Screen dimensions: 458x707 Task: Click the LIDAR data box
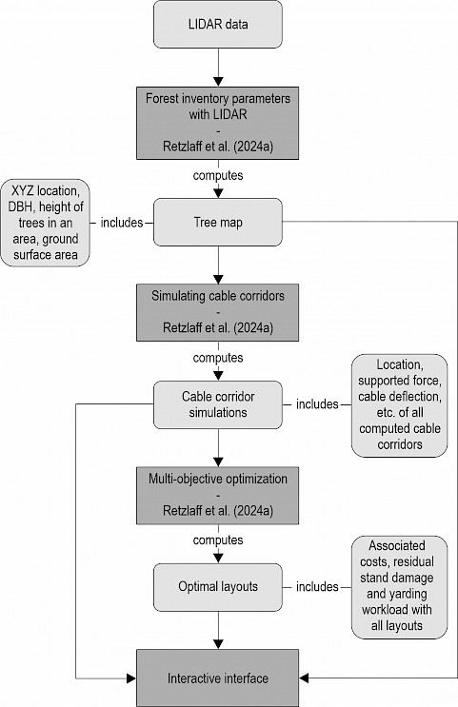tap(218, 25)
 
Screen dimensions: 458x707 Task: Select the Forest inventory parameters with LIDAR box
tap(217, 123)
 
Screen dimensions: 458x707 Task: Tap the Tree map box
tap(218, 223)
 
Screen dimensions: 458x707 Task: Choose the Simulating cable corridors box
tap(217, 312)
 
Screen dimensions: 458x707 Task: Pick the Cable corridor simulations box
tap(218, 405)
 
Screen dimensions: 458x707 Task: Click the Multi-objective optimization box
tap(217, 496)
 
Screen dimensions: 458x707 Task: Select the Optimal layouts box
tap(218, 587)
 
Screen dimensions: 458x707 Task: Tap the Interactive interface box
tap(217, 678)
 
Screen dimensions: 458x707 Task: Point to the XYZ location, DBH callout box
tap(45, 223)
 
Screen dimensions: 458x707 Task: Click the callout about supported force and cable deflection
tap(399, 405)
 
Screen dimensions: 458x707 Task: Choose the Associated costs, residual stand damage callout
tap(399, 587)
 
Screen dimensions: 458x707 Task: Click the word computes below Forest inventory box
tap(218, 175)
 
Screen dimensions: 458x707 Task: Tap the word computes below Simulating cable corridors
tap(218, 358)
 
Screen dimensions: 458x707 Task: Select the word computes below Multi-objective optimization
tap(218, 540)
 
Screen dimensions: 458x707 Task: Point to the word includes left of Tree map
tap(121, 223)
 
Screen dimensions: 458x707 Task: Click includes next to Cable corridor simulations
tap(317, 404)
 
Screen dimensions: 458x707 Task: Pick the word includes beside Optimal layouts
tap(317, 586)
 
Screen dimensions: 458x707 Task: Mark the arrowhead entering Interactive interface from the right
tap(304, 678)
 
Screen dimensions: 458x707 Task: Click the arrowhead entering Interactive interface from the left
tap(131, 678)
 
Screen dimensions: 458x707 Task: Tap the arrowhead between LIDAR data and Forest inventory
tap(218, 82)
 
